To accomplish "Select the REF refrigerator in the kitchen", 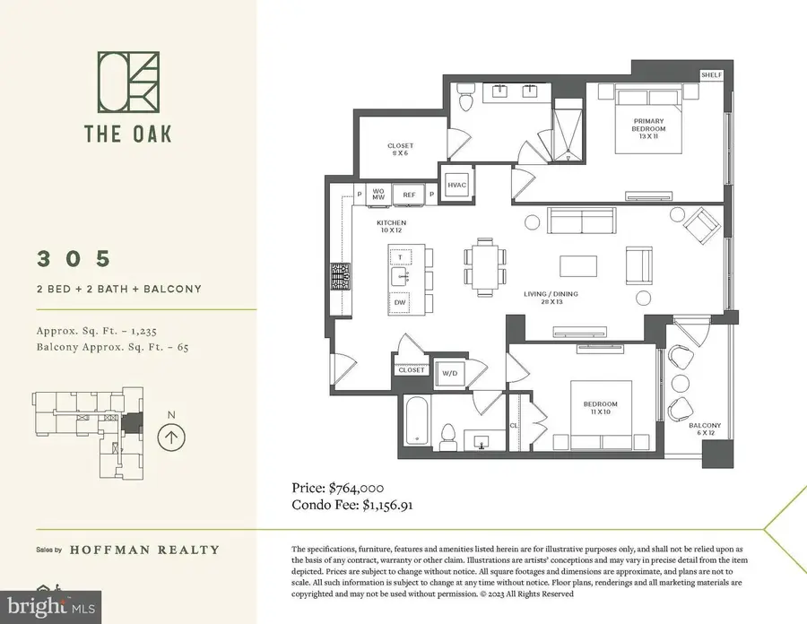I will click(x=409, y=194).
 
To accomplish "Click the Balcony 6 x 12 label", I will click(x=705, y=429).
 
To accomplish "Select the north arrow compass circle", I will click(x=170, y=438).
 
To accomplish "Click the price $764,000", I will click(x=338, y=488).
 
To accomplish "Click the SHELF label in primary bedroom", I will click(x=712, y=75).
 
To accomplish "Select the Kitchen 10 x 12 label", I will click(x=392, y=225).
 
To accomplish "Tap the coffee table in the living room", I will click(x=579, y=266).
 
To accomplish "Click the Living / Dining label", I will click(x=549, y=297).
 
